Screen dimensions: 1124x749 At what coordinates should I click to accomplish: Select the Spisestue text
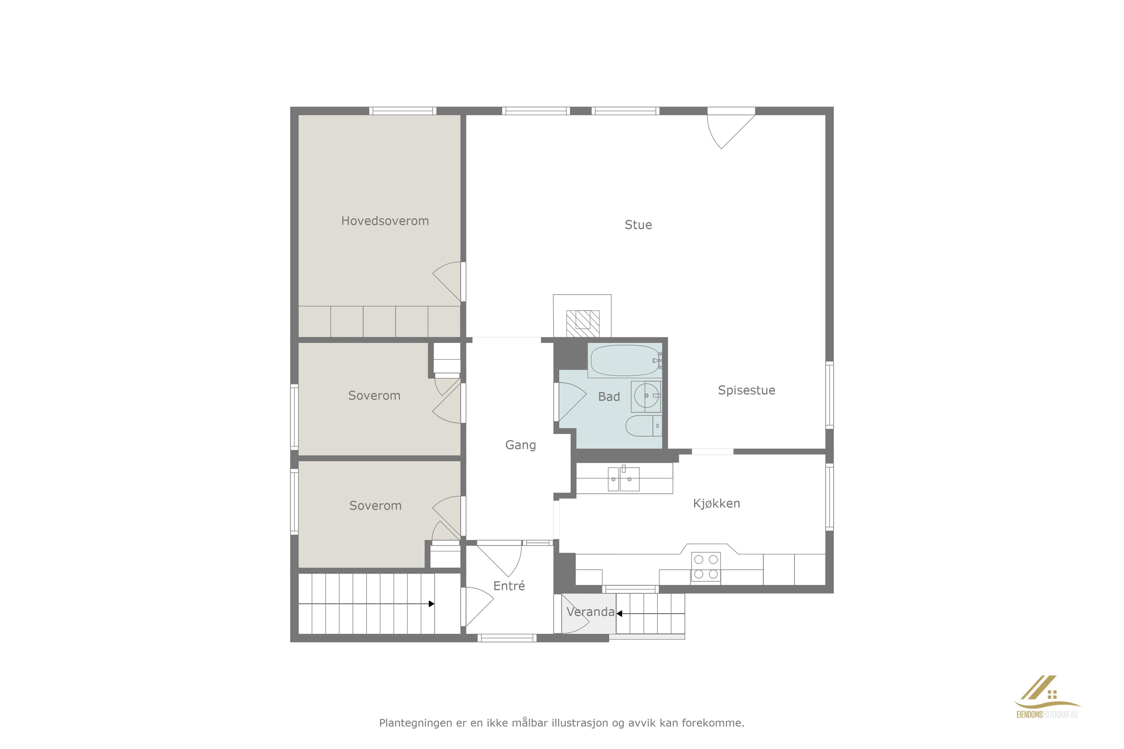coord(746,390)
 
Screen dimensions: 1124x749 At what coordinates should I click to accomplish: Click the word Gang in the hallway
coord(520,445)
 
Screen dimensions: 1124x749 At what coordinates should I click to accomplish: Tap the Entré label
coord(509,586)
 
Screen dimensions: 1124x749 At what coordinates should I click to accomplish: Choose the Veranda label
coord(591,611)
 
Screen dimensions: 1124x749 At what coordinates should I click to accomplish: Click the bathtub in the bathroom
coord(625,361)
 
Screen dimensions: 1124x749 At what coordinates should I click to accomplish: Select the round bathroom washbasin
coord(646,396)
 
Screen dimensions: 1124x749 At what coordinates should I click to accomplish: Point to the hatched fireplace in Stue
coord(582,324)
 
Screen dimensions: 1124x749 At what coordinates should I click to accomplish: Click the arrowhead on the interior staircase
coord(431,604)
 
